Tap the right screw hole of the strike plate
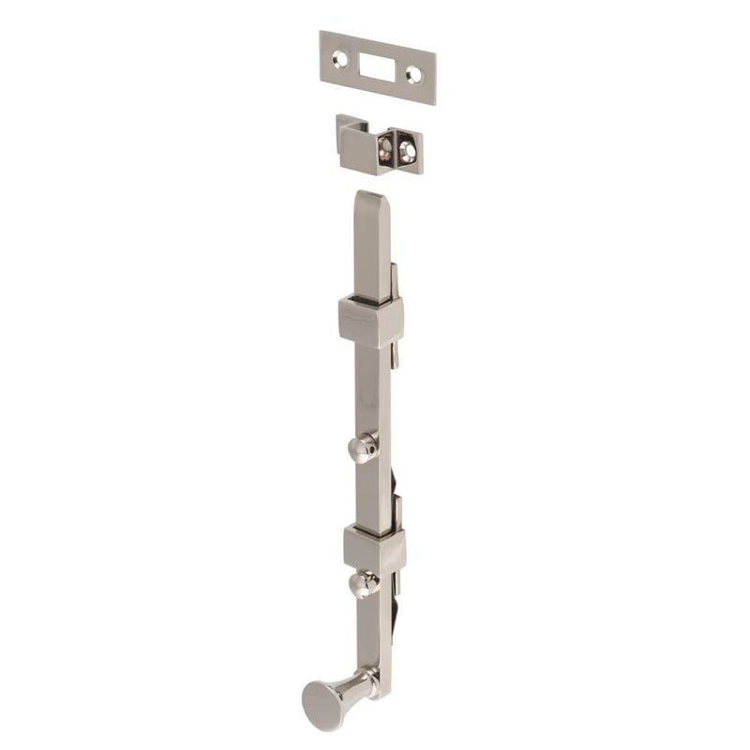413,77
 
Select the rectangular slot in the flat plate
378,67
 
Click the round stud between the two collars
361,449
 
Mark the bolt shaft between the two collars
372,403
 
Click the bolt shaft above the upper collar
370,253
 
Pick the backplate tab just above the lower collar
398,511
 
